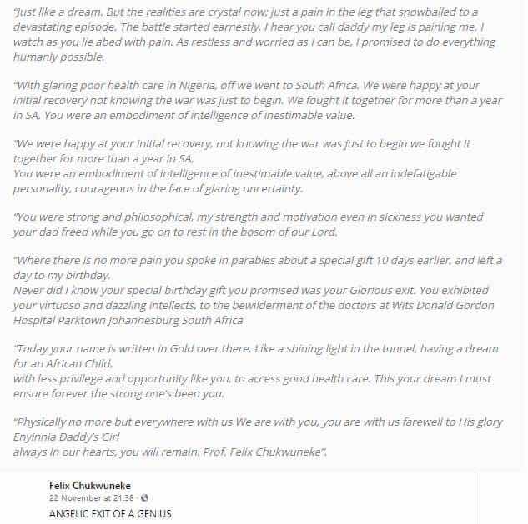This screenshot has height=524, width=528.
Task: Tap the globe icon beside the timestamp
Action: click(x=144, y=498)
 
